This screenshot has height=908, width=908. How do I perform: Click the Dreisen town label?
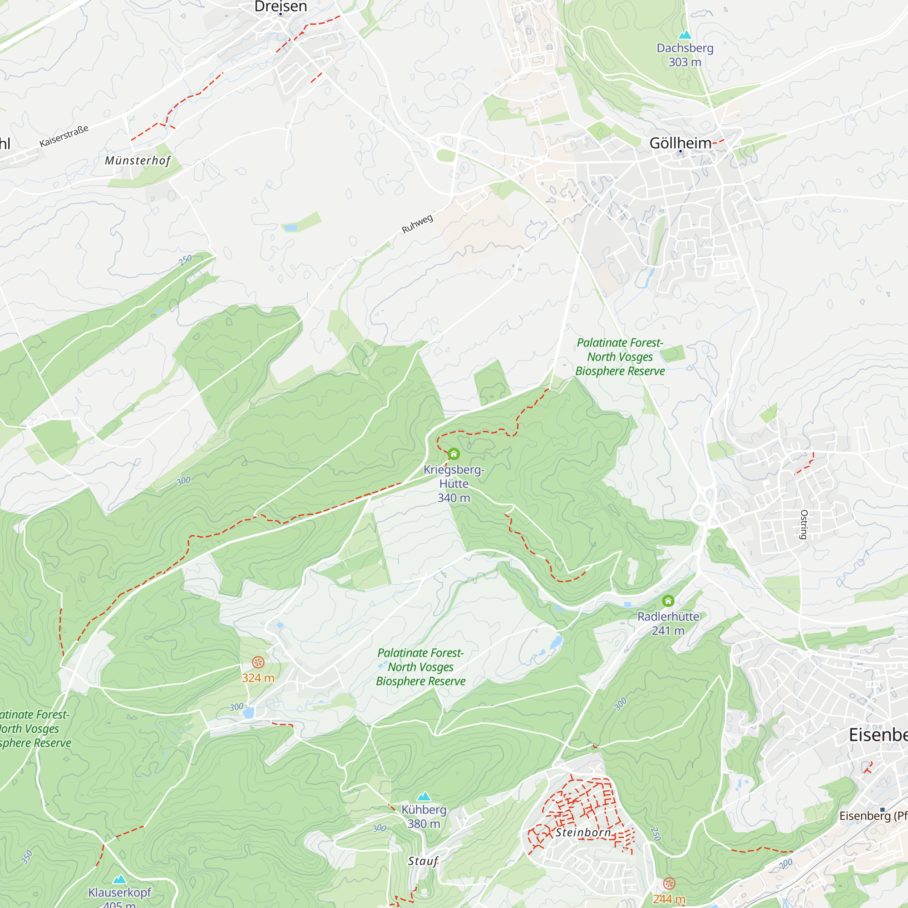pyautogui.click(x=281, y=6)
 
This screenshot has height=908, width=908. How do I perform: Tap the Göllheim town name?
pyautogui.click(x=680, y=143)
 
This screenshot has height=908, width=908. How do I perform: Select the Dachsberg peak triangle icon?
pyautogui.click(x=685, y=35)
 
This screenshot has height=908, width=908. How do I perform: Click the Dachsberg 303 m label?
pyautogui.click(x=685, y=55)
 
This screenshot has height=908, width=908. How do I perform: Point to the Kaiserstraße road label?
pyautogui.click(x=64, y=136)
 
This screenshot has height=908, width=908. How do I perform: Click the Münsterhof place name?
pyautogui.click(x=138, y=161)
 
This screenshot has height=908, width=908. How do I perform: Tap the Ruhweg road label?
pyautogui.click(x=417, y=224)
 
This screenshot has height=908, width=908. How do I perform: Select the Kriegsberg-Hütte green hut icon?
pyautogui.click(x=454, y=454)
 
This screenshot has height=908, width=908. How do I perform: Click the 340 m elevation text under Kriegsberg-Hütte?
pyautogui.click(x=454, y=498)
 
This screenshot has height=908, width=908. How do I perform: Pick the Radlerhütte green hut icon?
pyautogui.click(x=668, y=601)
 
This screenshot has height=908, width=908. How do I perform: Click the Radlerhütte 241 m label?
pyautogui.click(x=668, y=623)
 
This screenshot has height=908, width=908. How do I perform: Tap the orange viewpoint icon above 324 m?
pyautogui.click(x=258, y=663)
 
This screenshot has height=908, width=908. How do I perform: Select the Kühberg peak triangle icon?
pyautogui.click(x=424, y=796)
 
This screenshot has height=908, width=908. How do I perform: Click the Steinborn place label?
pyautogui.click(x=583, y=832)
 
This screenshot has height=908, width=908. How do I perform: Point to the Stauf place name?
pyautogui.click(x=423, y=861)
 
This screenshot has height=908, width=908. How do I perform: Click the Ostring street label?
pyautogui.click(x=804, y=524)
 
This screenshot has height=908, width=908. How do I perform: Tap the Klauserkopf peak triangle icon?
pyautogui.click(x=119, y=879)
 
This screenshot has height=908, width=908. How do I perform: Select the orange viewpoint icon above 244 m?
pyautogui.click(x=669, y=883)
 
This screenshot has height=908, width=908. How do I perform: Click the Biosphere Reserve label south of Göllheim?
pyautogui.click(x=620, y=357)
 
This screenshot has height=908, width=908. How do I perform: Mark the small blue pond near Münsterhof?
pyautogui.click(x=290, y=228)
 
